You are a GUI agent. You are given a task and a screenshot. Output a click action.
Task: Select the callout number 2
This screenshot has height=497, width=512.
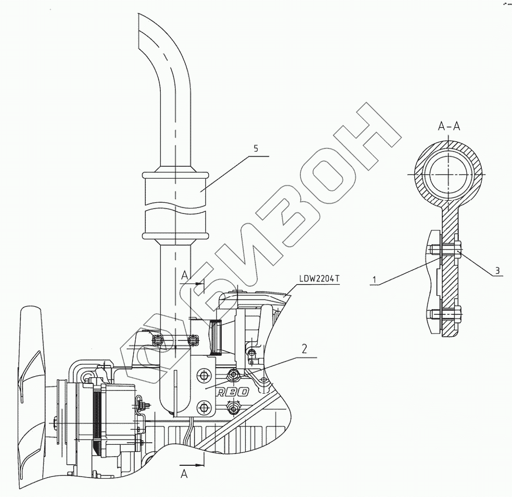click(304, 349)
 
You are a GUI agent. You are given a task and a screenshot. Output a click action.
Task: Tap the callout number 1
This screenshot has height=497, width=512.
click(375, 279)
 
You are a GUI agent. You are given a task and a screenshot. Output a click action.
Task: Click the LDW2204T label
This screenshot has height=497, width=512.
click(319, 278)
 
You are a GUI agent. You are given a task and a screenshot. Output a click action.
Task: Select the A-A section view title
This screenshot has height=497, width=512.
click(449, 126)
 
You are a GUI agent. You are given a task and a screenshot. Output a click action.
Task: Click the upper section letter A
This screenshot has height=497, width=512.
click(186, 276)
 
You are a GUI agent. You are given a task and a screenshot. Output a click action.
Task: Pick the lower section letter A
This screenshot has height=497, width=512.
click(185, 474)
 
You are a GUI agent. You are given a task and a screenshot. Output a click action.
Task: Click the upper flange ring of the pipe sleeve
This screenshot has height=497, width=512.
click(175, 175)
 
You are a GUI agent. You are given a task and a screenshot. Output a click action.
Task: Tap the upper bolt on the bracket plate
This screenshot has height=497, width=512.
click(205, 375)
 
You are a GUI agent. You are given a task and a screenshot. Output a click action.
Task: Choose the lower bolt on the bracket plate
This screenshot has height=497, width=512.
click(205, 407)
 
